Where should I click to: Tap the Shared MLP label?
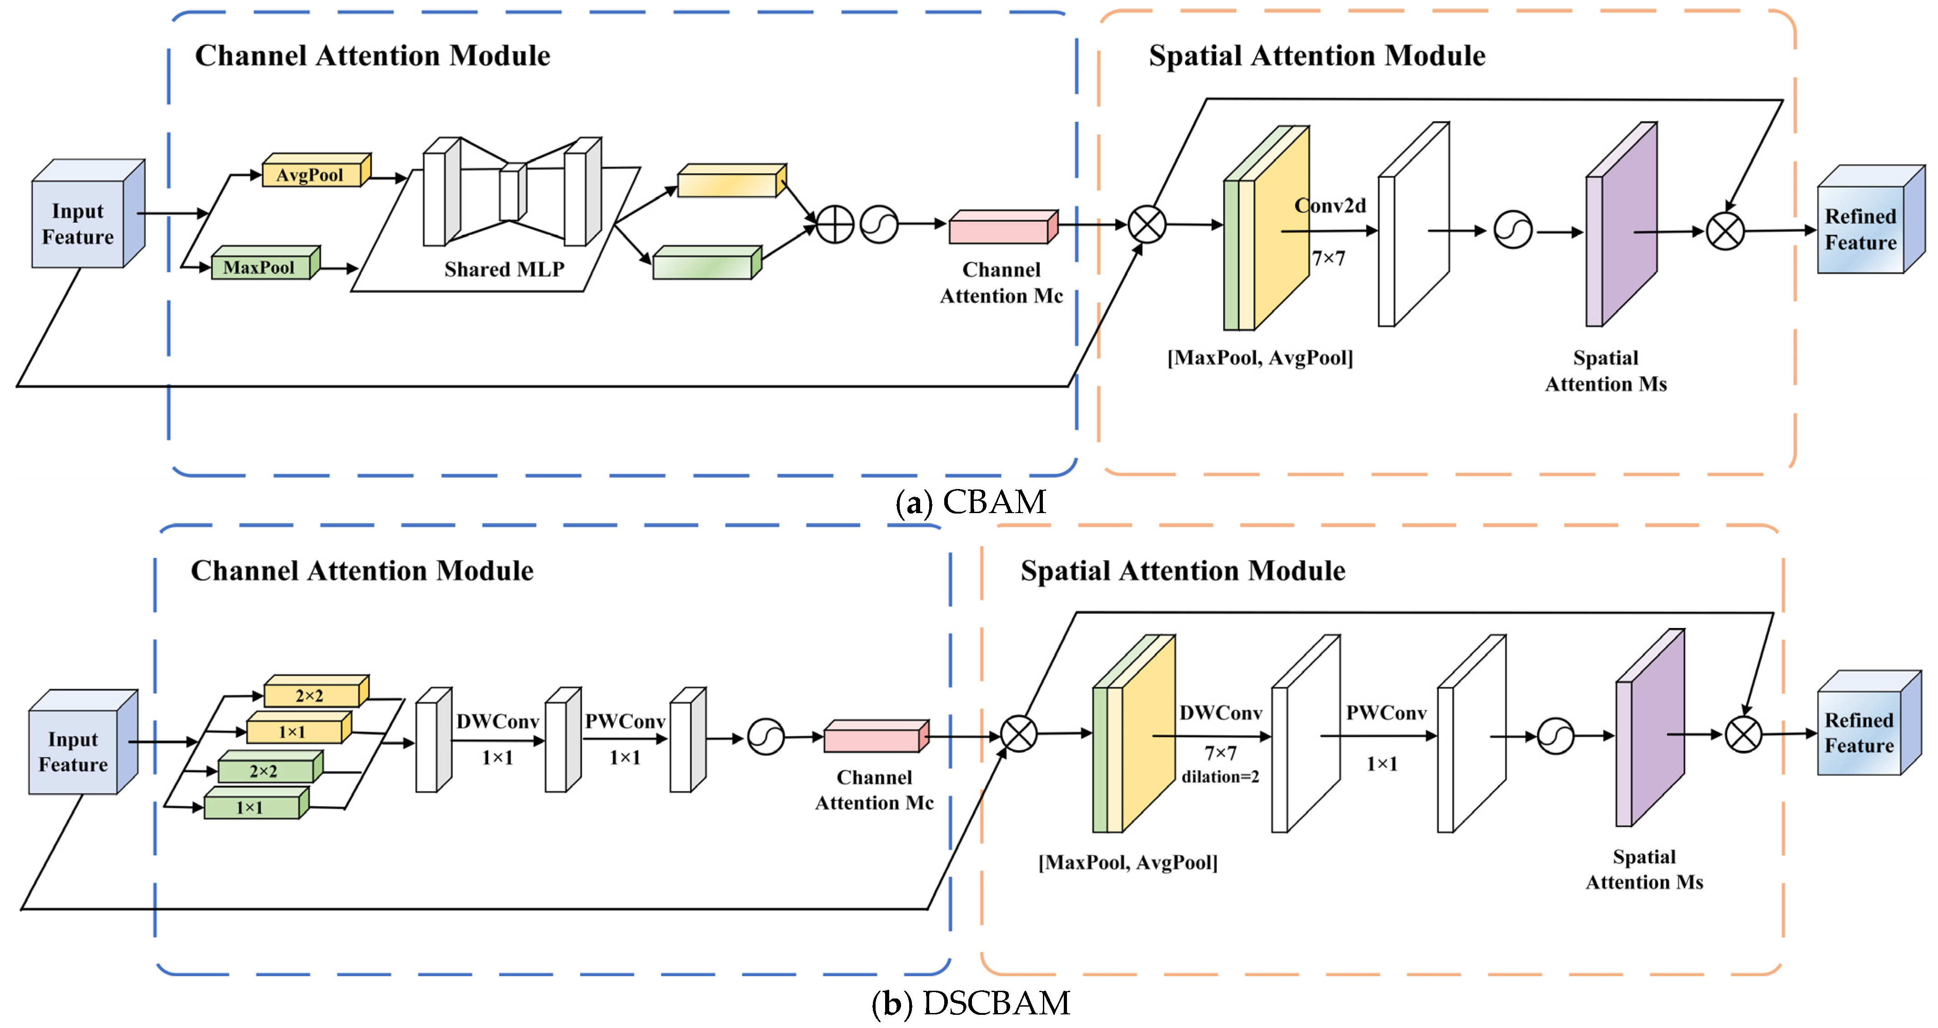[504, 269]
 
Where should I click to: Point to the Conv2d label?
[1330, 206]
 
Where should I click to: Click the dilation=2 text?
[1220, 777]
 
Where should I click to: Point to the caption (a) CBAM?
[971, 502]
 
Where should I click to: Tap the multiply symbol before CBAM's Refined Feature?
[1725, 231]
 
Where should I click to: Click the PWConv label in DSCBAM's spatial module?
[1386, 713]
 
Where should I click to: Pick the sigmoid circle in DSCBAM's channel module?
[766, 738]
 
